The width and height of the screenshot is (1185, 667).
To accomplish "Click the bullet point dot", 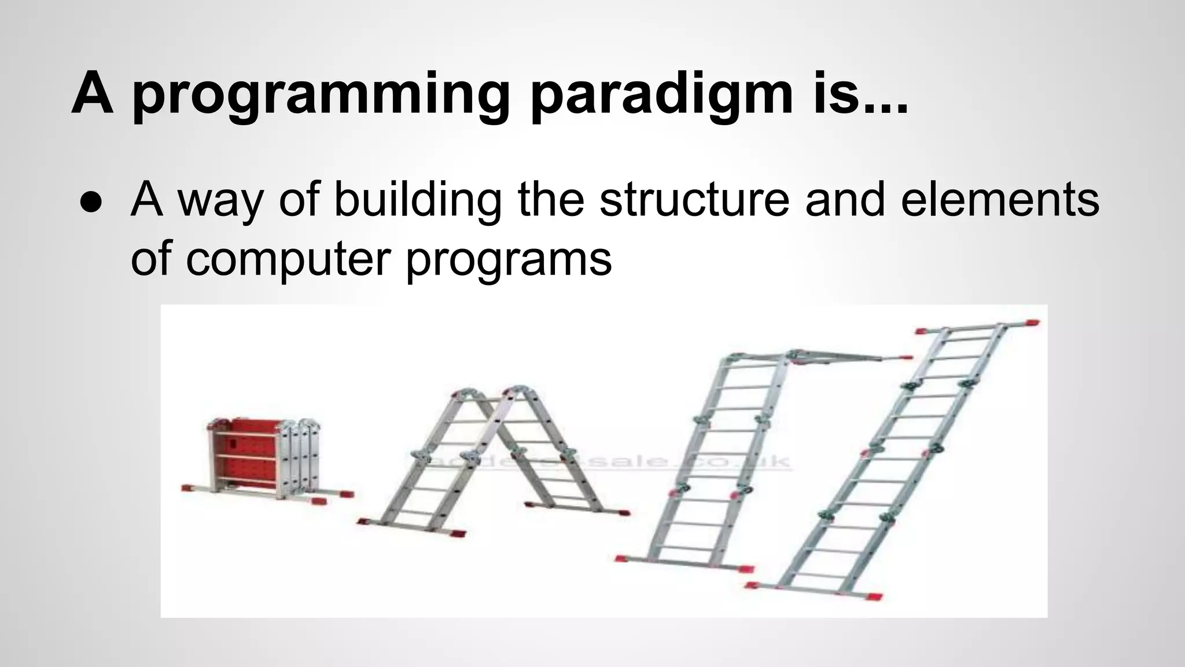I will tap(92, 202).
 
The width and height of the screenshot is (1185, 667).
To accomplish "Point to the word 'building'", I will tap(417, 200).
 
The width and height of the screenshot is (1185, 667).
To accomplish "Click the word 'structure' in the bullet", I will tap(694, 200).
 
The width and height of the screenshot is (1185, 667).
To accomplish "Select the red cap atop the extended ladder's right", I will tap(1031, 323).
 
